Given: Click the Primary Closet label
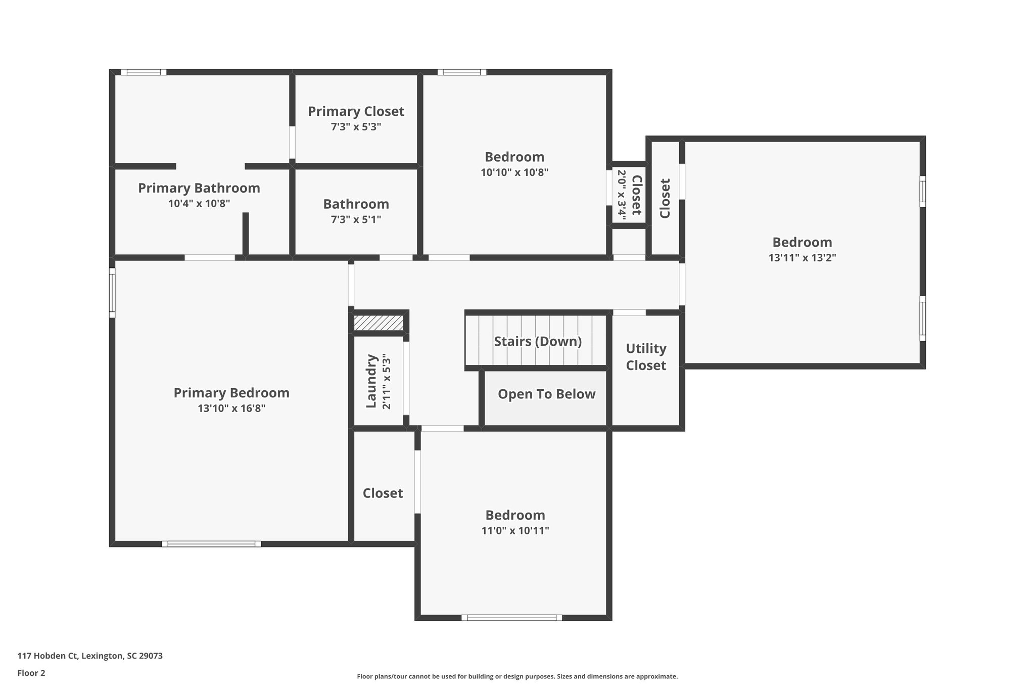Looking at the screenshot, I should point(356,111).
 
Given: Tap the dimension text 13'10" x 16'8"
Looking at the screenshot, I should point(231,408).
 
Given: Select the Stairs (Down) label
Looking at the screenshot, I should point(538,341).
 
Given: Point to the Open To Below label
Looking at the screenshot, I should point(546,394).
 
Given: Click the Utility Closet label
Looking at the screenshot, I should point(646,357).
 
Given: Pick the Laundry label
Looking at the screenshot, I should point(371,381).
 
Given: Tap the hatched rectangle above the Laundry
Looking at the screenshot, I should point(379,323).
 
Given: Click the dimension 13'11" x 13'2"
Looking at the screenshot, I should point(802,258).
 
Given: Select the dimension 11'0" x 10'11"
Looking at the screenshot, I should point(515,531).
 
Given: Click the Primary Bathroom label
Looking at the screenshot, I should point(199,188).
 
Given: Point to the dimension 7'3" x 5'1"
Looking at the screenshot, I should point(356,219).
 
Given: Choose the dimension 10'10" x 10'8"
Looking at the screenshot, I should point(514,172).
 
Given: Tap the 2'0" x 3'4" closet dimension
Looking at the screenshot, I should point(622,195).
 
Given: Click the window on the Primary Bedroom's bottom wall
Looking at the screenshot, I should point(211,544).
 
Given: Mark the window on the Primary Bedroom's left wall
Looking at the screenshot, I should point(112,293).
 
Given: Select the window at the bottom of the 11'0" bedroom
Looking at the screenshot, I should point(511,618).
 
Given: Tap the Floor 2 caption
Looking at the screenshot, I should point(31,673).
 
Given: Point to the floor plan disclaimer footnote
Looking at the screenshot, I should point(517,676).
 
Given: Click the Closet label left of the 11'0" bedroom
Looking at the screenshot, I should point(383,493).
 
